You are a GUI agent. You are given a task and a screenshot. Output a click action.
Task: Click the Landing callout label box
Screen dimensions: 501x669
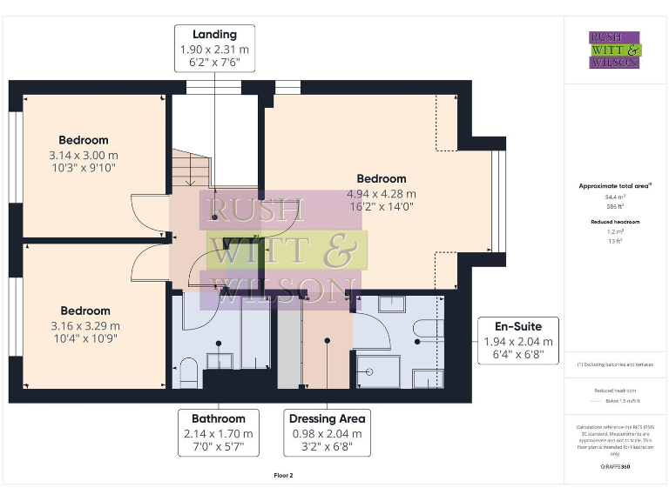pyautogui.click(x=215, y=49)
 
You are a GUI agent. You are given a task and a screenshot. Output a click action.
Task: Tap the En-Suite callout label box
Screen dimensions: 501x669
pyautogui.click(x=518, y=341)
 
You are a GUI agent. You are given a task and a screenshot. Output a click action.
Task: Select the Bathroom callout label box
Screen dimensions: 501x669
pyautogui.click(x=218, y=432)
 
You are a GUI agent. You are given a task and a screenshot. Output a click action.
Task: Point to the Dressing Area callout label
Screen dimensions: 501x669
pyautogui.click(x=327, y=432)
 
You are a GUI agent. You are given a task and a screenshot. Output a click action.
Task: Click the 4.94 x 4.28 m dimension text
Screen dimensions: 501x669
pyautogui.click(x=382, y=193)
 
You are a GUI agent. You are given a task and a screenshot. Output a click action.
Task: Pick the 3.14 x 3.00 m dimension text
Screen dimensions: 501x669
pyautogui.click(x=84, y=154)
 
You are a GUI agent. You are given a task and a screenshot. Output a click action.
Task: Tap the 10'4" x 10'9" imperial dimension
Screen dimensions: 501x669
pyautogui.click(x=85, y=337)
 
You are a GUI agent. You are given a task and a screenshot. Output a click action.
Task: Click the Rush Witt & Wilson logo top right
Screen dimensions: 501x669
pyautogui.click(x=614, y=50)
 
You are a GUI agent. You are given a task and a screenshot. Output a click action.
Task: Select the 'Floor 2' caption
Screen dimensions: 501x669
pyautogui.click(x=284, y=476)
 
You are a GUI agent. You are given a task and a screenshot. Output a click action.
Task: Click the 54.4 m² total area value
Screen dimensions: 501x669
pyautogui.click(x=615, y=197)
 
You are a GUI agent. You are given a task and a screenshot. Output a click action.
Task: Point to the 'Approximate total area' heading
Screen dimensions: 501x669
pyautogui.click(x=615, y=185)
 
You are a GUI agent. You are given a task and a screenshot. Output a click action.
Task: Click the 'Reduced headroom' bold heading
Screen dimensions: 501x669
pyautogui.click(x=615, y=222)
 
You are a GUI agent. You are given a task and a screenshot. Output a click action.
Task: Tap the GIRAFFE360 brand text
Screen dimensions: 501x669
pyautogui.click(x=615, y=467)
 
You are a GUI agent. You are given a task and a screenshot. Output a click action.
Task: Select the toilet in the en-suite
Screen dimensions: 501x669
pyautogui.click(x=427, y=327)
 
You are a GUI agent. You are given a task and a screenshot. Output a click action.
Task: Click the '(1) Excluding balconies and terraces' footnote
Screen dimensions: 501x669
pyautogui.click(x=615, y=364)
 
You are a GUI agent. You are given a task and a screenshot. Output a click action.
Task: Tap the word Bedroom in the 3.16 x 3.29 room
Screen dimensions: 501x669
pyautogui.click(x=85, y=311)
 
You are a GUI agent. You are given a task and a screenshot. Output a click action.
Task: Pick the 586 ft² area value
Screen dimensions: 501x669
pyautogui.click(x=615, y=207)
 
